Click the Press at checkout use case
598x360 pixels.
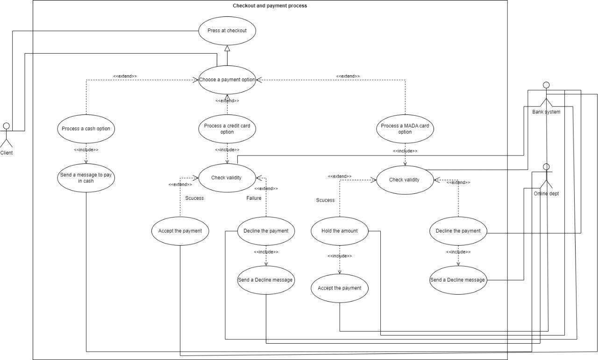[x=227, y=31]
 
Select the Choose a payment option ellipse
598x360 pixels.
[x=227, y=79]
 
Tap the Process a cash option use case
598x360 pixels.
[x=86, y=128]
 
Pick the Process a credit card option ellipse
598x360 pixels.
[x=227, y=129]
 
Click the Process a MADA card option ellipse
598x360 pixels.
[x=405, y=129]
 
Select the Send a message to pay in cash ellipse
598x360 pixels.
[x=86, y=178]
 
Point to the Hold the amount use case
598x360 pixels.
[x=340, y=231]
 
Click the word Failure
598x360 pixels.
[x=254, y=198]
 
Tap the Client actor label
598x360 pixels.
[x=7, y=153]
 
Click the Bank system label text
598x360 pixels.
[x=546, y=112]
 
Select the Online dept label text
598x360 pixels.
[x=546, y=194]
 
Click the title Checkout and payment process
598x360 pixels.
[x=270, y=6]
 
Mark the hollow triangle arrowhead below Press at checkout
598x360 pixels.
[x=227, y=49]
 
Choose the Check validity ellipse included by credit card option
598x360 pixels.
[x=227, y=177]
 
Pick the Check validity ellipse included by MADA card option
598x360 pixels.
[x=405, y=180]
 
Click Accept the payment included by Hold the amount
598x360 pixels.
[x=340, y=288]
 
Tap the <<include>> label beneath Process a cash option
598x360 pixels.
[x=86, y=150]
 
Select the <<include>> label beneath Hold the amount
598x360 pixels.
[x=340, y=256]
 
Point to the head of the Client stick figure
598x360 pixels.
[x=7, y=126]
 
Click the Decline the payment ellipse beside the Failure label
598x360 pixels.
[x=266, y=231]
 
